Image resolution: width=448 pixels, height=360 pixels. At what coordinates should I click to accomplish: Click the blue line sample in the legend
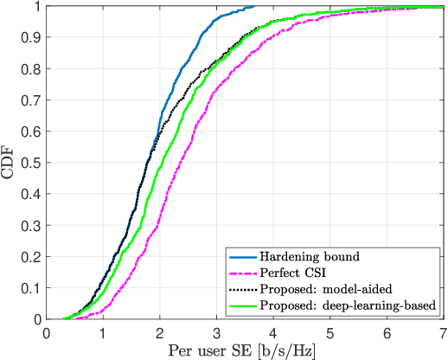pyautogui.click(x=245, y=256)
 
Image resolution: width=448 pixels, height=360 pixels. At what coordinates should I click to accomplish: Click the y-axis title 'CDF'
pyautogui.click(x=10, y=162)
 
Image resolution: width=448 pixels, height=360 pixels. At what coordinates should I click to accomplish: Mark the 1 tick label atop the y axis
pyautogui.click(x=36, y=7)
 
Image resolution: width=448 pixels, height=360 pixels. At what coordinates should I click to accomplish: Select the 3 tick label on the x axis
pyautogui.click(x=215, y=331)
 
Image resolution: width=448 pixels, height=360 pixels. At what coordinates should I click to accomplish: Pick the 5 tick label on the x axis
pyautogui.click(x=329, y=331)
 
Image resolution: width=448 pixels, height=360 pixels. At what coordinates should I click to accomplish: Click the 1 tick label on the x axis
pyautogui.click(x=102, y=331)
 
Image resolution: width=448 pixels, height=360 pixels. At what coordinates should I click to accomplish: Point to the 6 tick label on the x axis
pyautogui.click(x=385, y=331)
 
